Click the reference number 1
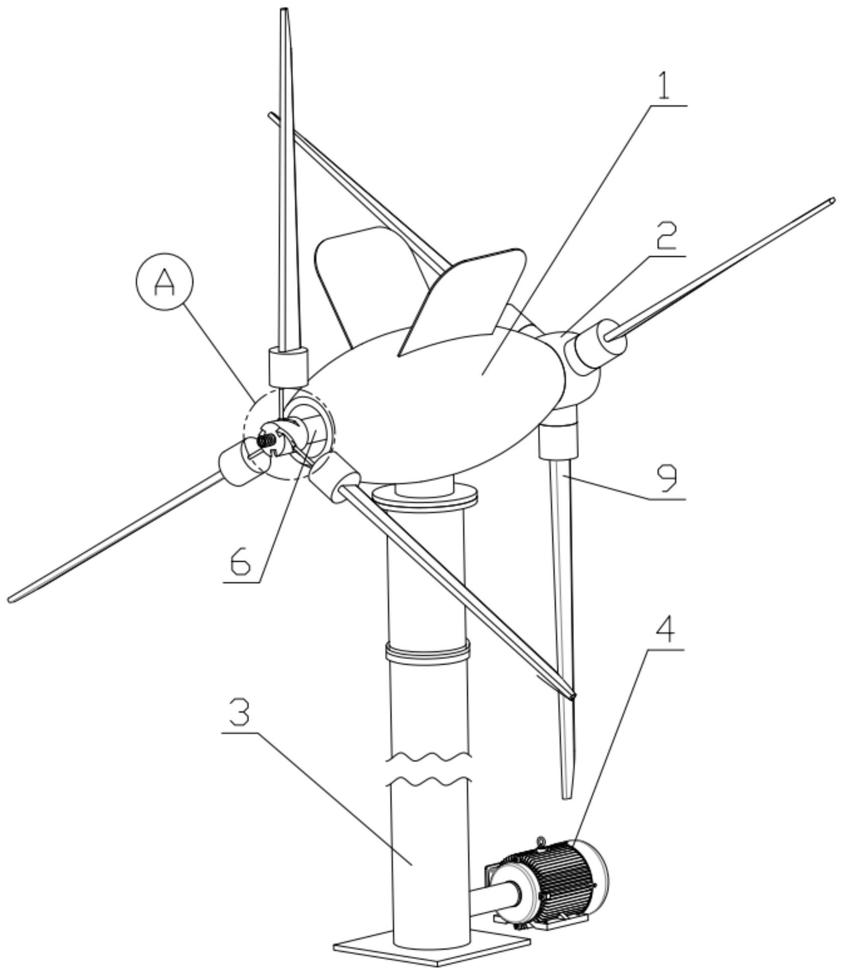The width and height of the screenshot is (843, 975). click(x=663, y=86)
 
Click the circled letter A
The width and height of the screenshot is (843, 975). click(x=163, y=283)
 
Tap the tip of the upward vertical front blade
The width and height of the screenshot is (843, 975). click(x=284, y=11)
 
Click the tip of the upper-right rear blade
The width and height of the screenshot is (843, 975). click(x=831, y=201)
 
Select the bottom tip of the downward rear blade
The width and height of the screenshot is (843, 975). click(x=567, y=795)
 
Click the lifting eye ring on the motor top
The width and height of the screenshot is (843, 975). click(x=541, y=842)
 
